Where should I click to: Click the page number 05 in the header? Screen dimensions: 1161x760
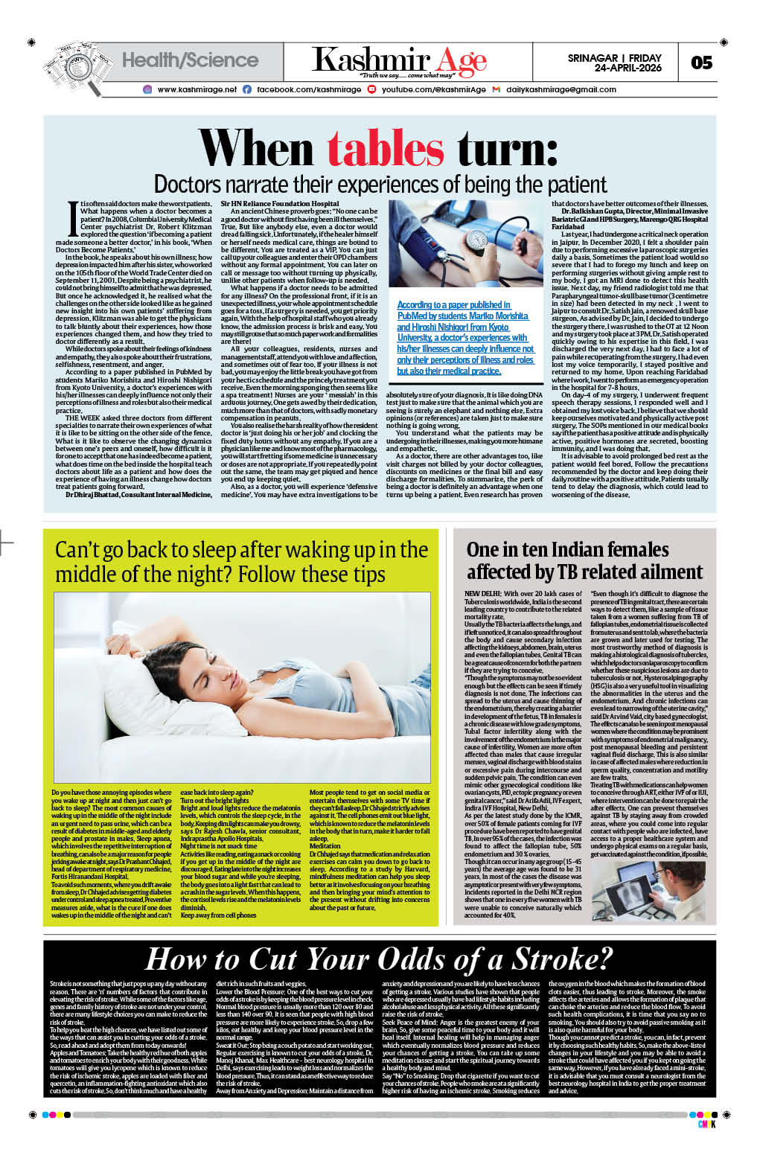click(701, 63)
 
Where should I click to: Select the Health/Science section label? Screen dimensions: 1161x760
click(190, 60)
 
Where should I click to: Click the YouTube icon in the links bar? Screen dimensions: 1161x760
click(371, 89)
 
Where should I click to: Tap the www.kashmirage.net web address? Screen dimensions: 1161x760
click(197, 89)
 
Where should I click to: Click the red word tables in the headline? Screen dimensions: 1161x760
click(386, 149)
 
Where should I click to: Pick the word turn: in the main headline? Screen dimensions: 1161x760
click(508, 149)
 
